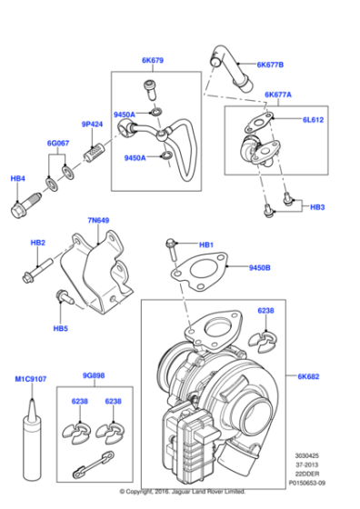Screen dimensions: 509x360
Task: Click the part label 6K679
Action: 153,62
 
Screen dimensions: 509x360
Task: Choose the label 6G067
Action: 60,144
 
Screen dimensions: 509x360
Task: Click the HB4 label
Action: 18,179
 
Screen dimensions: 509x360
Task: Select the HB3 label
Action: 317,208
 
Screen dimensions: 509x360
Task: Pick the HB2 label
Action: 37,244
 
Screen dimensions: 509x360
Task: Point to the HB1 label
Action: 206,245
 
